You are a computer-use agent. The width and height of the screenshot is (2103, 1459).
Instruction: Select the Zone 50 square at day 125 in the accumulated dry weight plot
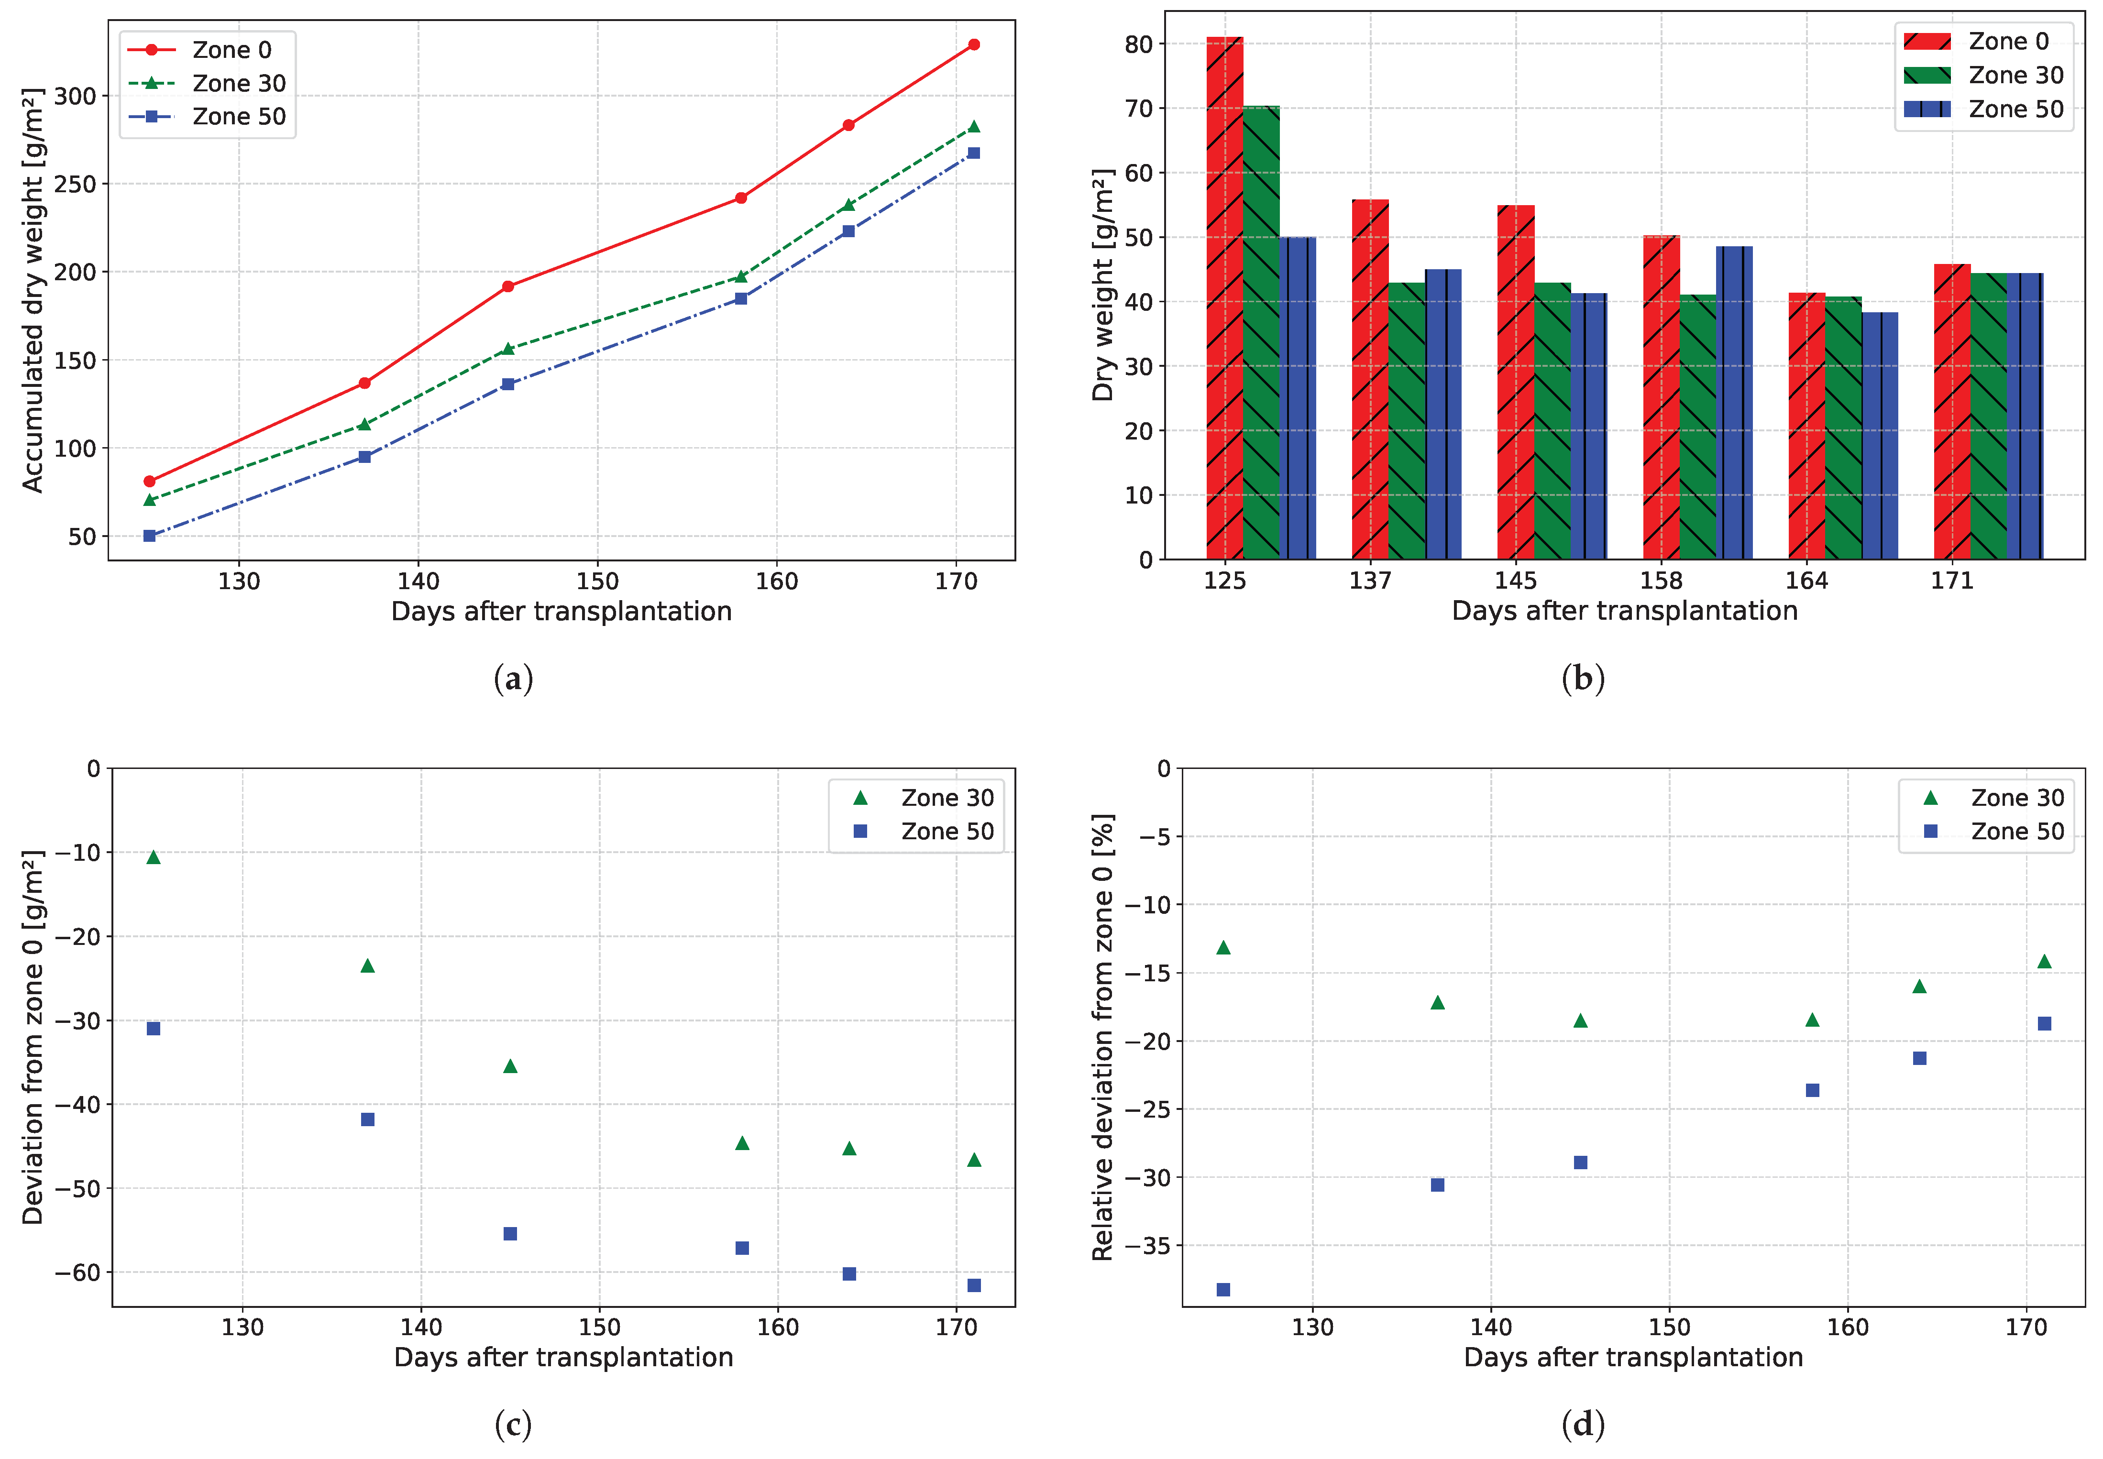(x=150, y=536)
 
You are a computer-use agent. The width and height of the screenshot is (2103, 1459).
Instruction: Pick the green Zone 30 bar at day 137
(x=1406, y=420)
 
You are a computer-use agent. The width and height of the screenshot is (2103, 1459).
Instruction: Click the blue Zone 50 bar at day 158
(x=1734, y=402)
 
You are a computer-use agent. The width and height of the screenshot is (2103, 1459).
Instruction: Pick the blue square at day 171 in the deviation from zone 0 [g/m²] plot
(x=974, y=1285)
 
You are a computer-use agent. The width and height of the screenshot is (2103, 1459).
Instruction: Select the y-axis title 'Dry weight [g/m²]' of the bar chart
(x=1103, y=285)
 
